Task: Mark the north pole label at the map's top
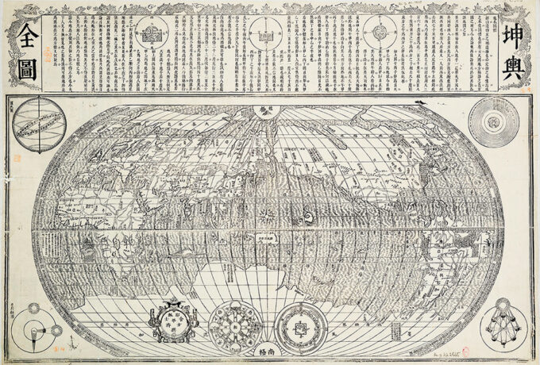264,112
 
